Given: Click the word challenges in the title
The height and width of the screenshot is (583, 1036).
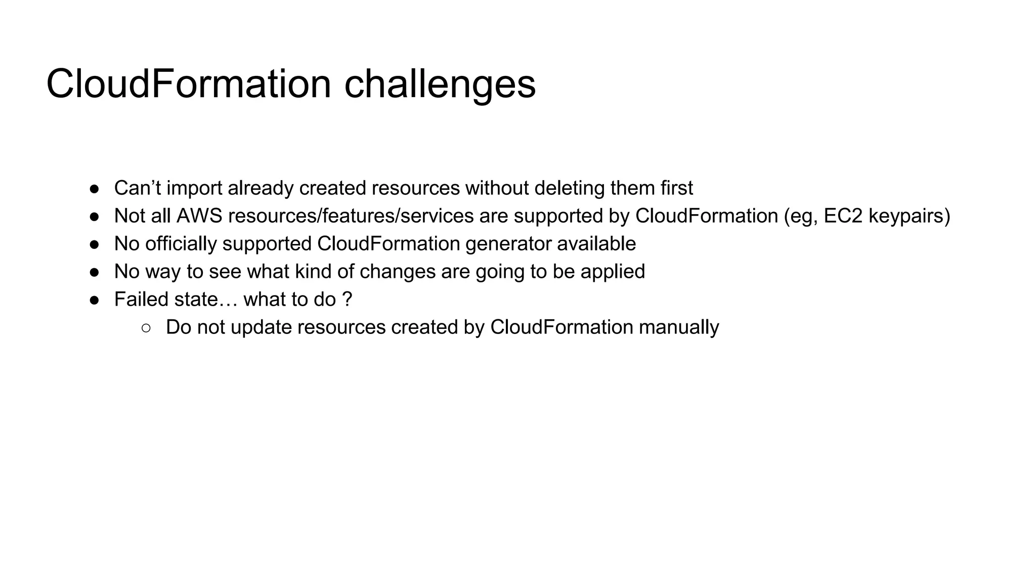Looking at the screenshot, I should click(x=440, y=85).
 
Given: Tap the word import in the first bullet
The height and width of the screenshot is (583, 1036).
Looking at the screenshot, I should click(x=194, y=188).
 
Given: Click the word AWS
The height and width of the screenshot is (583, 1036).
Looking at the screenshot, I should click(x=199, y=216).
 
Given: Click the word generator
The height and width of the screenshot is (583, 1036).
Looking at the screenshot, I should click(x=508, y=244).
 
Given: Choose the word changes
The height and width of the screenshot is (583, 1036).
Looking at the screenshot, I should click(x=397, y=272).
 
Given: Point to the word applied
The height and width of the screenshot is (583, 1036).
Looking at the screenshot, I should click(x=613, y=272).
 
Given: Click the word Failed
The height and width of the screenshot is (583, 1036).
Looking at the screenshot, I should click(x=141, y=300).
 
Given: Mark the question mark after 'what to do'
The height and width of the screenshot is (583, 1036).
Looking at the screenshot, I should click(x=347, y=300).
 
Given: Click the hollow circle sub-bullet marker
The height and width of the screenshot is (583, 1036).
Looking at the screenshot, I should click(x=146, y=328).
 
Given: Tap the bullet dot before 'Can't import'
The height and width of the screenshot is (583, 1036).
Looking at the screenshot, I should click(x=95, y=189).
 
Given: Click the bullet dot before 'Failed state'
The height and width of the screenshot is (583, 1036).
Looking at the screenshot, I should click(x=95, y=300).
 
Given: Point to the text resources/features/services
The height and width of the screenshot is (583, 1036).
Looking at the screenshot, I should click(x=351, y=216).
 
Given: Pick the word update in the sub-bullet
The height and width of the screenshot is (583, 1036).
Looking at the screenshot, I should click(x=261, y=327).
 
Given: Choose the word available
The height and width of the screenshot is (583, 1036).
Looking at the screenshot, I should click(x=596, y=244).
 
